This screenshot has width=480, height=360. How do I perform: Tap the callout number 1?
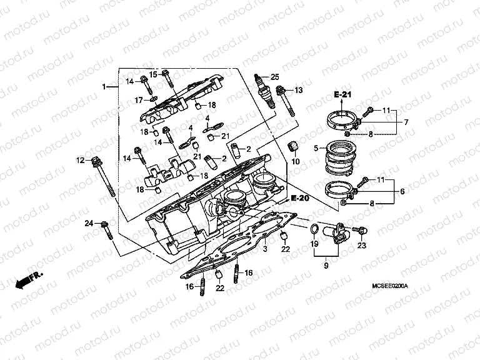[x=104, y=86]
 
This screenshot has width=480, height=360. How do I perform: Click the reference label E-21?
[x=343, y=94]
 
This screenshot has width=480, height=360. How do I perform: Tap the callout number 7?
[x=406, y=122]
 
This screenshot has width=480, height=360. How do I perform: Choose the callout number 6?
[x=402, y=192]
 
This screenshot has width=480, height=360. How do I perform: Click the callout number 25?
[x=274, y=77]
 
